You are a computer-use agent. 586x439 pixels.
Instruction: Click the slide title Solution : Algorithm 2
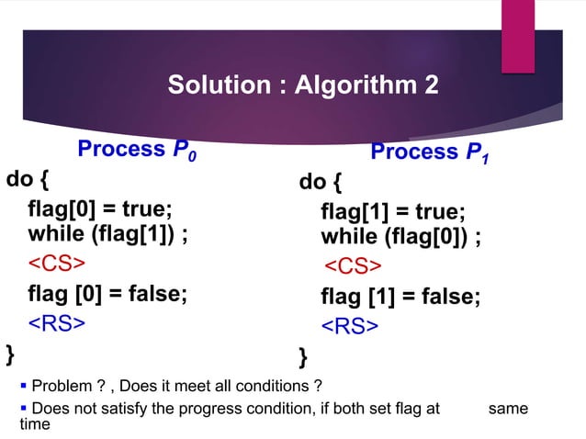tap(303, 85)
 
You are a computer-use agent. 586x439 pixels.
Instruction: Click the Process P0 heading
tap(138, 150)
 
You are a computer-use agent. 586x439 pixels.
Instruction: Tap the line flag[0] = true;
tap(100, 208)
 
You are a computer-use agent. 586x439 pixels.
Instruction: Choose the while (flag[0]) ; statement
tap(401, 237)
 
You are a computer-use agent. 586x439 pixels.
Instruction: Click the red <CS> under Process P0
tap(55, 264)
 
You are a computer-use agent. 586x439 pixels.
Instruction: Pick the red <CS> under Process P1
tap(351, 266)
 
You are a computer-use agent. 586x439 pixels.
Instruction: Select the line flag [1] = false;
tap(400, 298)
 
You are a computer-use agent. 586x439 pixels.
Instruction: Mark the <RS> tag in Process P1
tap(349, 327)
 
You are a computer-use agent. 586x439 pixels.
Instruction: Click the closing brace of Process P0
tap(10, 352)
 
